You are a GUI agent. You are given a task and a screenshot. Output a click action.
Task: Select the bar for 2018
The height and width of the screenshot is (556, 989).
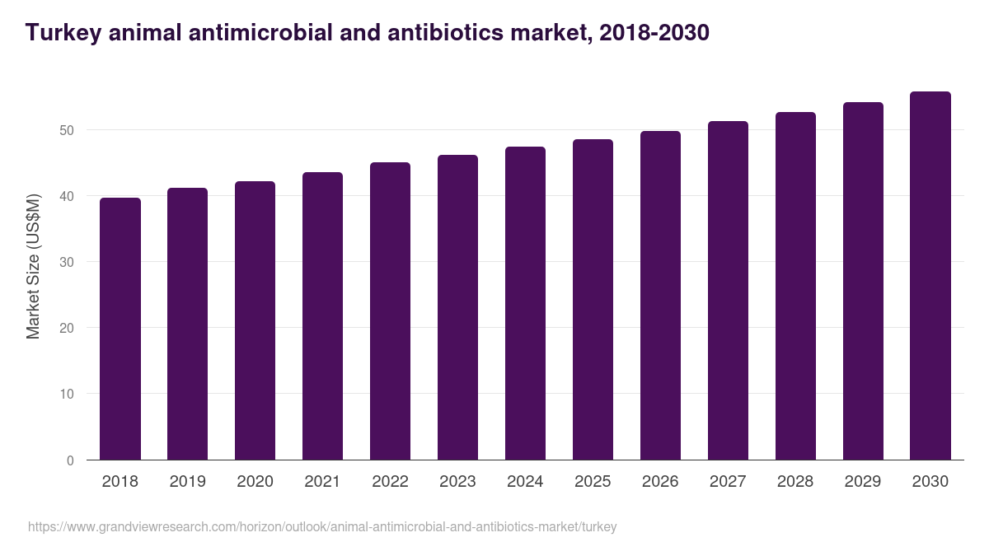click(x=120, y=329)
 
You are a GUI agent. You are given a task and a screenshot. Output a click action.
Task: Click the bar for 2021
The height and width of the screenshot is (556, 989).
click(x=322, y=316)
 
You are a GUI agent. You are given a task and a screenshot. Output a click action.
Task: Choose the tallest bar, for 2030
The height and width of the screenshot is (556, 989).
click(x=930, y=276)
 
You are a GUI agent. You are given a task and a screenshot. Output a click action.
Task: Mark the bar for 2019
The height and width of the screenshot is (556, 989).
click(x=187, y=324)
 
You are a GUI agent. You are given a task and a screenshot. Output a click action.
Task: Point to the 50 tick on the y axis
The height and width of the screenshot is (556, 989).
click(x=66, y=130)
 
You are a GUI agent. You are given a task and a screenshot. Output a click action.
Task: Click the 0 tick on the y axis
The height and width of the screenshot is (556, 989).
click(x=70, y=460)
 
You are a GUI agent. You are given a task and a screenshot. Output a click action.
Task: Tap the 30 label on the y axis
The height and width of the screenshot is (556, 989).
click(x=66, y=262)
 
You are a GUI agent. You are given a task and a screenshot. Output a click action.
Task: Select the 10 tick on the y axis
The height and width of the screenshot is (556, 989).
click(x=66, y=394)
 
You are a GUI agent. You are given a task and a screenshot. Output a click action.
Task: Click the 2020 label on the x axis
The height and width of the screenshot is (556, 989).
click(x=255, y=482)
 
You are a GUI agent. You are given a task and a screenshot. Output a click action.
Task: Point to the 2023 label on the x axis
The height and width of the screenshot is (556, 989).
click(x=457, y=482)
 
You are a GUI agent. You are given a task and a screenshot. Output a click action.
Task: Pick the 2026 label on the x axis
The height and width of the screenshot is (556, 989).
click(x=660, y=482)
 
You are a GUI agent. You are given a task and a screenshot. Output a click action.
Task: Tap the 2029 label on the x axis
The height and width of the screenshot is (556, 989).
click(x=863, y=482)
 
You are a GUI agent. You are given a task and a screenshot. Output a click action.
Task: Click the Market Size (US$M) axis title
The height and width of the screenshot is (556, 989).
click(x=33, y=266)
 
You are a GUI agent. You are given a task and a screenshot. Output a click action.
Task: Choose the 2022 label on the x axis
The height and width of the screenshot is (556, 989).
click(x=390, y=482)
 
